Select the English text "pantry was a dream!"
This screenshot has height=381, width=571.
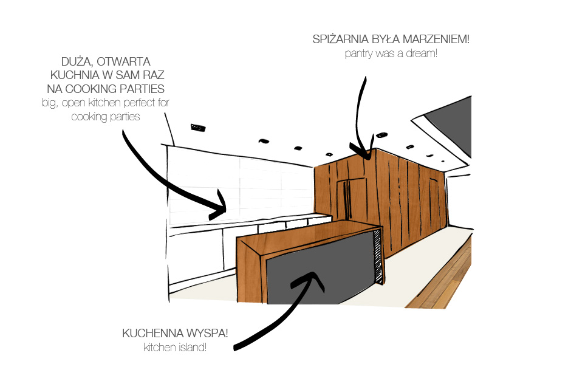tap(391, 53)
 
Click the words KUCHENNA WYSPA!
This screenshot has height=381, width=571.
tap(175, 333)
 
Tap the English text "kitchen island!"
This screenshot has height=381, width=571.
tap(175, 347)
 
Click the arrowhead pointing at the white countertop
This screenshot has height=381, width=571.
tap(219, 206)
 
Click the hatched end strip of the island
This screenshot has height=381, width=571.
tap(378, 255)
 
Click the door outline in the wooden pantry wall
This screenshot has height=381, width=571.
tap(352, 197)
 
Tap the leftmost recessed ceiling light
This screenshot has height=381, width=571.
tap(198, 128)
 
